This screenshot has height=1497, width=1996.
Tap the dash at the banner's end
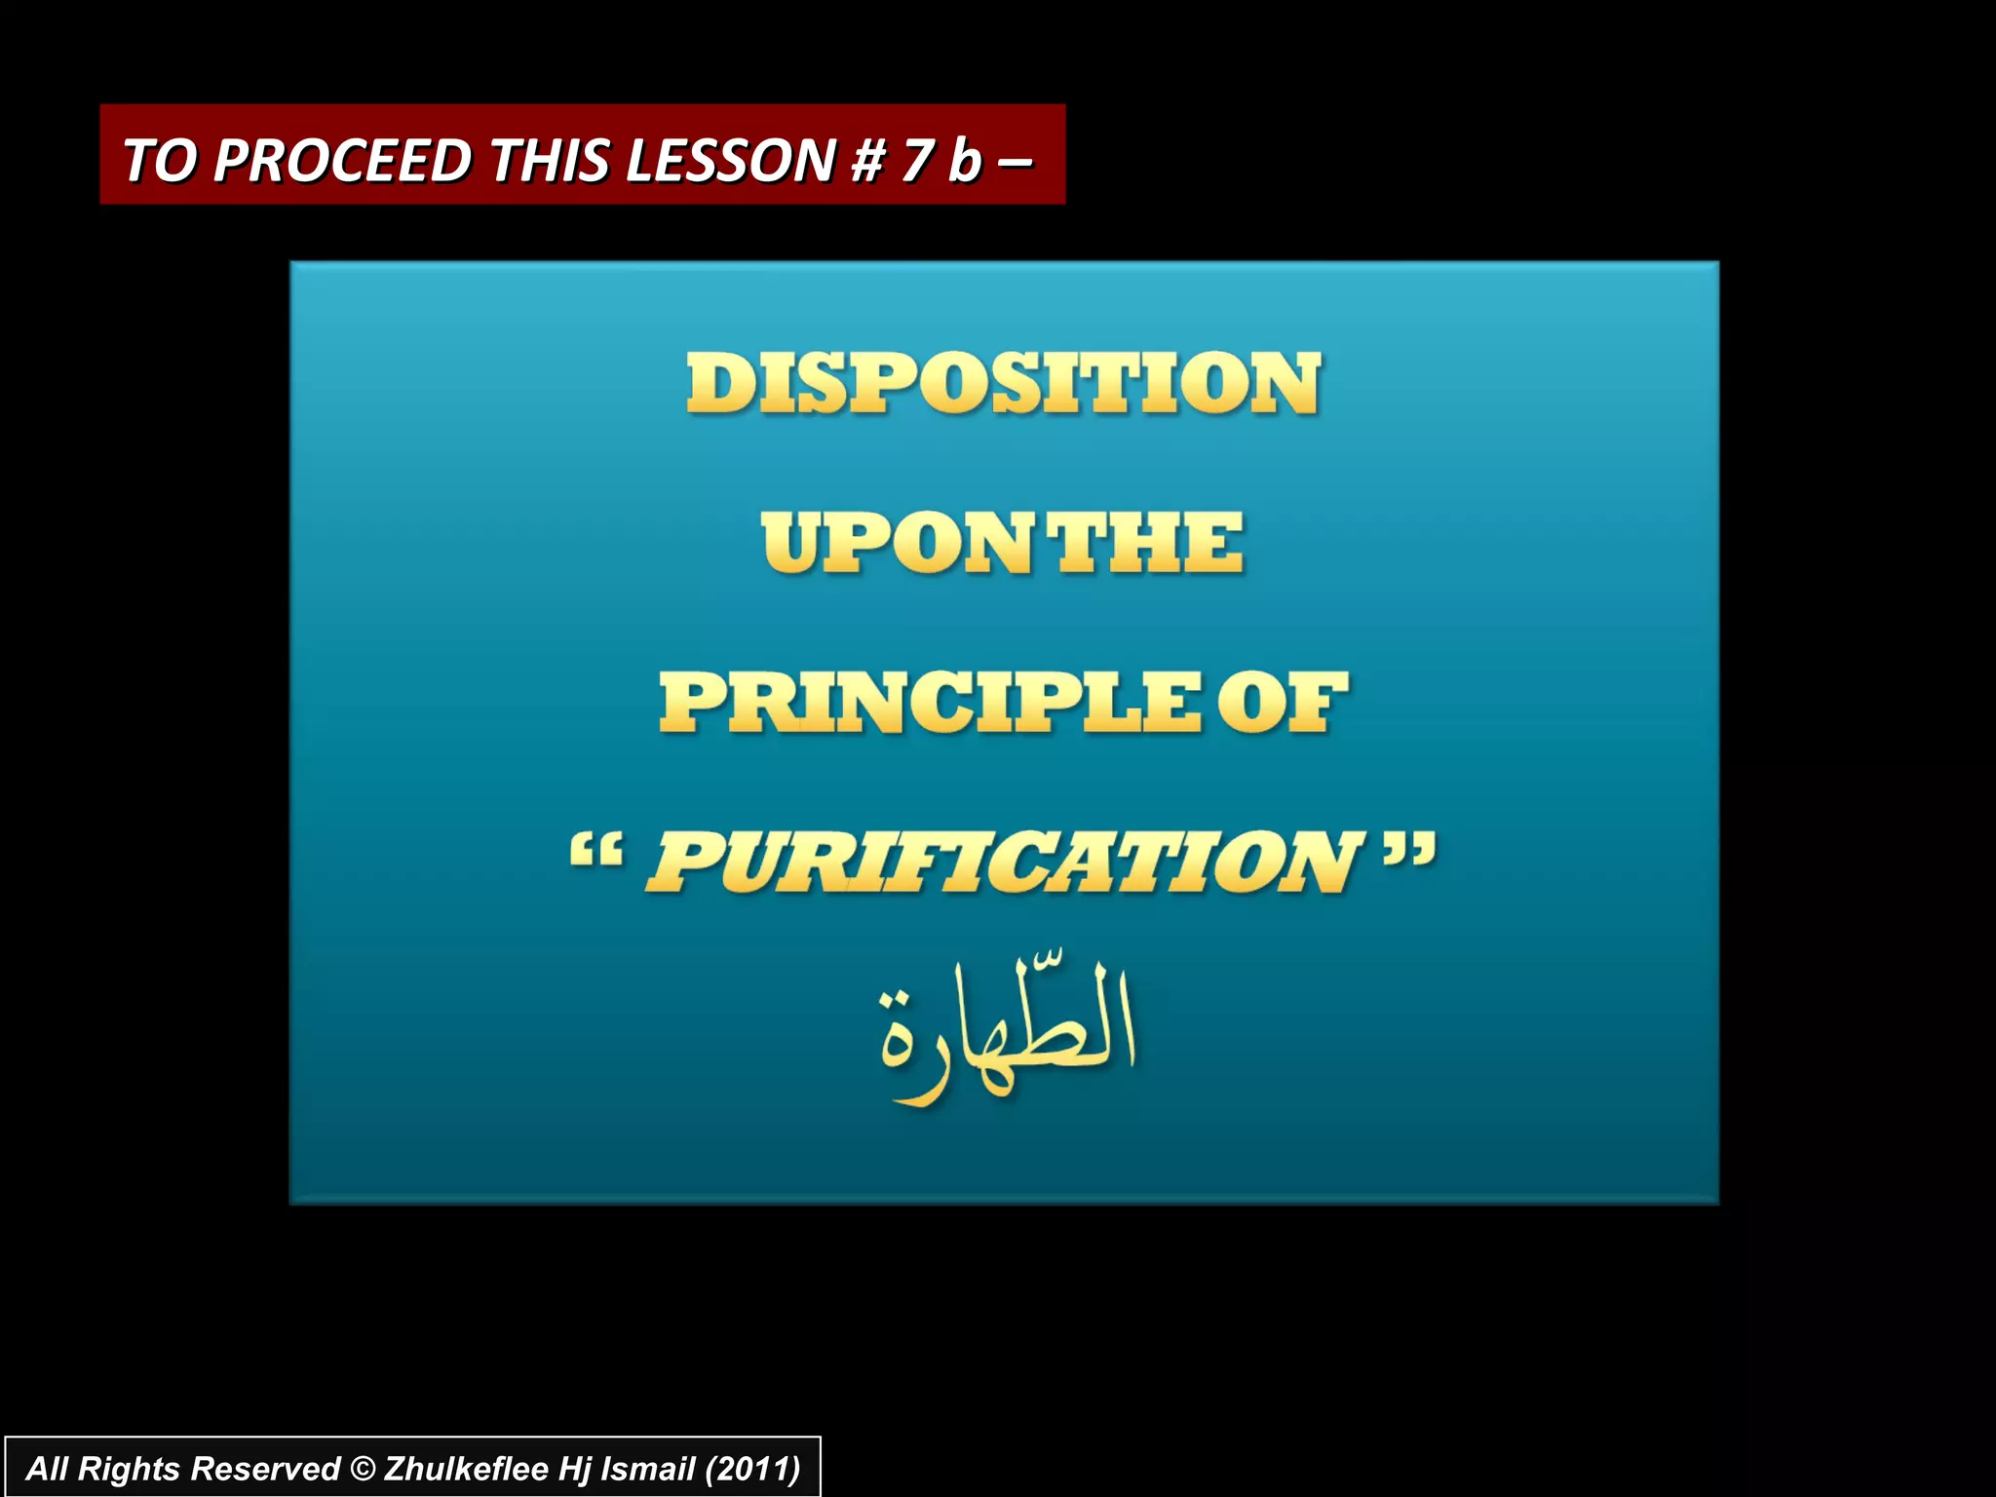[x=1015, y=162]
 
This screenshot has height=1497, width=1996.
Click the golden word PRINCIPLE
[x=930, y=703]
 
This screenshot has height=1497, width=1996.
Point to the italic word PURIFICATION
[x=1004, y=862]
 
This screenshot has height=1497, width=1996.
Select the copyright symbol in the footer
[x=362, y=1469]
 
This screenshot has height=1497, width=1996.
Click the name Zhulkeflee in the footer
[x=466, y=1469]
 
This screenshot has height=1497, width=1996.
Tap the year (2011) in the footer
[x=752, y=1469]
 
